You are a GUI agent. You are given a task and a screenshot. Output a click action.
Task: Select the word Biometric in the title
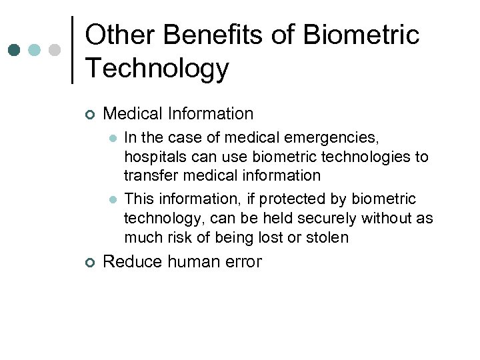(x=361, y=35)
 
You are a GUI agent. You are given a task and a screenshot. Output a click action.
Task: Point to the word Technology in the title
(x=157, y=68)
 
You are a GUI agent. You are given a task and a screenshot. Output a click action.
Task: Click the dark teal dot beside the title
(x=15, y=50)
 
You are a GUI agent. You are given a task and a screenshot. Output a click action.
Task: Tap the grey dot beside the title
(x=55, y=50)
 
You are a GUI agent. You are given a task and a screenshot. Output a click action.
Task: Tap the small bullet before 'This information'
(x=112, y=199)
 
